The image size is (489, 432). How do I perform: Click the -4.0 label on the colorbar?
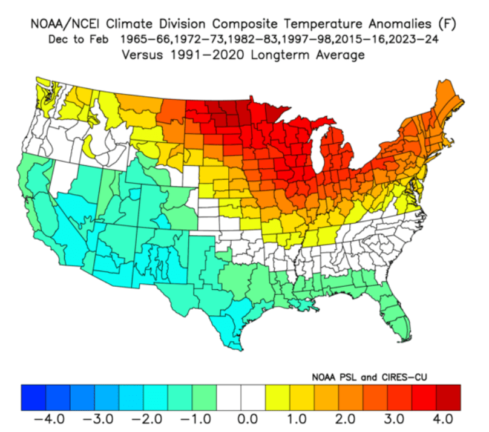tap(49, 419)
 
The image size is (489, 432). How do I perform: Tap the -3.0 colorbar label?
tap(98, 419)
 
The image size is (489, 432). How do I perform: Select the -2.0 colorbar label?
tap(147, 419)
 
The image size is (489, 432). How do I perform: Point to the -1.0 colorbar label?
tap(195, 419)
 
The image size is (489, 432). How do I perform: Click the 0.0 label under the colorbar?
tap(248, 419)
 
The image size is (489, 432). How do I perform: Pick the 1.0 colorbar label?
tap(297, 419)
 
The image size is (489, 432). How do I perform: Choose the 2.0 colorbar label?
tap(345, 419)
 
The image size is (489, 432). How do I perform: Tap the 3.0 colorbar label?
tap(394, 419)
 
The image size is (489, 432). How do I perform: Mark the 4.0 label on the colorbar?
tap(443, 419)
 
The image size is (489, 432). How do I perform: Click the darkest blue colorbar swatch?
tap(33, 398)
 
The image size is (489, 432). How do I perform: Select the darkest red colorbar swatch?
tap(448, 398)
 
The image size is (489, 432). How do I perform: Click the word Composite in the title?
tap(245, 24)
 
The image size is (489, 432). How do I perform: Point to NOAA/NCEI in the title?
tap(65, 24)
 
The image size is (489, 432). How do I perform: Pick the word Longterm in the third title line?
tap(280, 55)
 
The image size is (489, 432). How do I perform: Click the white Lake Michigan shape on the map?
tap(319, 149)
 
